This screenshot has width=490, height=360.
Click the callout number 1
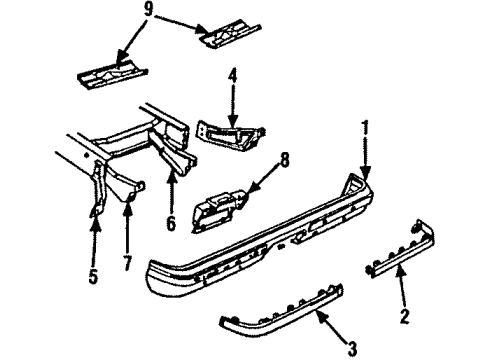point(366,129)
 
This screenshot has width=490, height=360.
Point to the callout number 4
point(232,76)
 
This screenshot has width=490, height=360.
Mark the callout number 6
point(171,226)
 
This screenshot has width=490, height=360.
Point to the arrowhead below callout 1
point(366,171)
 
